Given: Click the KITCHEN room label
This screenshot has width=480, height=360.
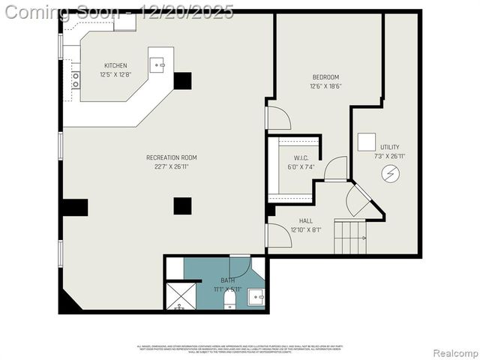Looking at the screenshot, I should coord(115,66).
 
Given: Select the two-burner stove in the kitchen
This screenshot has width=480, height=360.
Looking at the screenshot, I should coord(76,79).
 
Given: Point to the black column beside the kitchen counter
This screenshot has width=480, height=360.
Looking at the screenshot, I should coord(182,81).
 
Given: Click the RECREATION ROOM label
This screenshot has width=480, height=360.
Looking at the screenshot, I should coord(171,157).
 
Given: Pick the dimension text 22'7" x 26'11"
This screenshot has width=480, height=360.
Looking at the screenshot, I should coord(171,166).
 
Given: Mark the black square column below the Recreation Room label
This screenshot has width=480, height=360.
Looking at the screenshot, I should coord(182,205).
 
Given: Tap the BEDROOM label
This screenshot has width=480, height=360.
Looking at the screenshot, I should coord(325,77).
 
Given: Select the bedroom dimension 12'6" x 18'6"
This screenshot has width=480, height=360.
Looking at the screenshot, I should coord(325,86).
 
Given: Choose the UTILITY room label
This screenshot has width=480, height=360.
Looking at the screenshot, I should coord(389,147).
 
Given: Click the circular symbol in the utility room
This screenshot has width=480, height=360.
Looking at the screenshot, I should coord(391,175).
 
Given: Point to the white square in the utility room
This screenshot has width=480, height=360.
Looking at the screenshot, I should coord(367,142).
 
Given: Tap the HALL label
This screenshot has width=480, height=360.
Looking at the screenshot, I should coord(305,221).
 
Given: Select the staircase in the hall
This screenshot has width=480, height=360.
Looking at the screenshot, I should coord(350,237).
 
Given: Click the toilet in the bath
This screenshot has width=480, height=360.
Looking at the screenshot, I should coord(230,301).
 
